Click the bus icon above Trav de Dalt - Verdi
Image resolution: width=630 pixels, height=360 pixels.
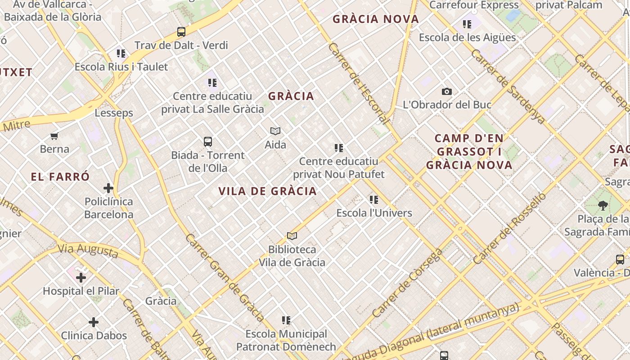point(181,32)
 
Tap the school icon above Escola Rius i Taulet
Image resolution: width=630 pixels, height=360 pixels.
point(121,54)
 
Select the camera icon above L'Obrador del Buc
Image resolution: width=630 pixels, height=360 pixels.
point(446,91)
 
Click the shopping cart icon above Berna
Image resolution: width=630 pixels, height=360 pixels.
point(54,136)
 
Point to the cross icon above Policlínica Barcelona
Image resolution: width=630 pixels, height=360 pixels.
point(108,188)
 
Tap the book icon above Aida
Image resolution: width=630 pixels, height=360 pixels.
point(275,131)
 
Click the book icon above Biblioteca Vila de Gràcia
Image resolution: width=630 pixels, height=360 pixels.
point(292,236)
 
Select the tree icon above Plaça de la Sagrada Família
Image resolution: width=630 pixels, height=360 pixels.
point(602,206)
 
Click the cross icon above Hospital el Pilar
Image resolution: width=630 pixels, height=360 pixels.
point(81,278)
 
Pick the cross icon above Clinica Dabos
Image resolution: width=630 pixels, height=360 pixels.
point(94,322)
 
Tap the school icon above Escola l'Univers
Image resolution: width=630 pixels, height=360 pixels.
point(374,199)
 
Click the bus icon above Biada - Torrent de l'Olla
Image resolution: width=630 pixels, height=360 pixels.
point(208,142)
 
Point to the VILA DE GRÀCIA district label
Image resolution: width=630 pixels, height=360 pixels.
point(268,191)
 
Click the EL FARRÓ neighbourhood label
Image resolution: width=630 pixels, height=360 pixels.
point(60,177)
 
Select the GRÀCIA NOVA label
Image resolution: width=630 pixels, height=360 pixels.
point(376,19)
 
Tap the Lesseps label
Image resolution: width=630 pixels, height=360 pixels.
point(114,113)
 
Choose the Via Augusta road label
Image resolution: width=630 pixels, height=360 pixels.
point(88,250)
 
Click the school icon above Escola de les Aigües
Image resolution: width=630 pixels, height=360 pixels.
point(467,24)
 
